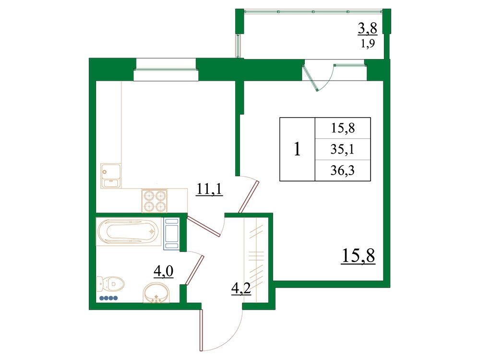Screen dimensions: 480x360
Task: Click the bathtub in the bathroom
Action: (129, 231)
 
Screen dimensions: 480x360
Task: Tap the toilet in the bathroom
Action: (110, 285)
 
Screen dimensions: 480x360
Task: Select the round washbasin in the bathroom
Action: (156, 293)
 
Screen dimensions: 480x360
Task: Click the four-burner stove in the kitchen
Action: (154, 201)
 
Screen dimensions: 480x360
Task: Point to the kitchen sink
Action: (111, 176)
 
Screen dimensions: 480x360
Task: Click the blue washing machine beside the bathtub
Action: (171, 233)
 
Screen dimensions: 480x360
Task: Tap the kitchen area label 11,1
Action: (209, 189)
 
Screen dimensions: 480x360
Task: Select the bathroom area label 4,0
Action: (164, 271)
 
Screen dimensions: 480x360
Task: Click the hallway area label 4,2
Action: (241, 288)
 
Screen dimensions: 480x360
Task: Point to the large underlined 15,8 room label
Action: (358, 256)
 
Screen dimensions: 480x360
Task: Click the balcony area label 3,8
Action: (367, 29)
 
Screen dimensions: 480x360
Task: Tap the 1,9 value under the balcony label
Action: (368, 44)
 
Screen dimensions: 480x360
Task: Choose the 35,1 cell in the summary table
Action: (343, 149)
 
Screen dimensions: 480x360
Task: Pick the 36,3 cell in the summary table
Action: (343, 170)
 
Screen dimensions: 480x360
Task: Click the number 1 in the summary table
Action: (297, 149)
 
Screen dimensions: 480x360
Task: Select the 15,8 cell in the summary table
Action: (343, 128)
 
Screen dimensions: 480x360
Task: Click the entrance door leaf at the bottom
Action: (201, 330)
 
